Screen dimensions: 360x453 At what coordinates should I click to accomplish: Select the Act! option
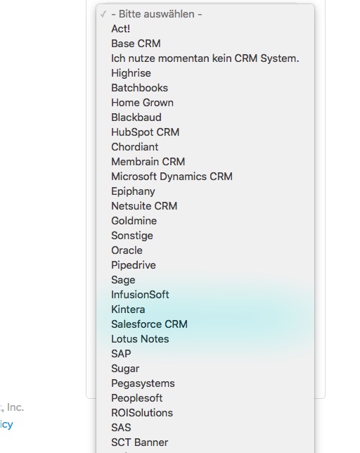[x=121, y=29]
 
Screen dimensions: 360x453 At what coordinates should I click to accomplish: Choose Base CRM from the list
[x=136, y=44]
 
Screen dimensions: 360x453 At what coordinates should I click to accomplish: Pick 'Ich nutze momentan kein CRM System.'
[x=205, y=58]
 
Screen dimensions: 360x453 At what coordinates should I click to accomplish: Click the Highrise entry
[x=131, y=73]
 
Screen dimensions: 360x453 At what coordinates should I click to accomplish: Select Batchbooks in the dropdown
[x=139, y=88]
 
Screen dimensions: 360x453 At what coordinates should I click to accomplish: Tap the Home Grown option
[x=142, y=103]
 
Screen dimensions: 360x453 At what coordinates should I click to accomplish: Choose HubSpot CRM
[x=146, y=132]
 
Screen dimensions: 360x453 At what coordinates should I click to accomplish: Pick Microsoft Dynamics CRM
[x=172, y=177]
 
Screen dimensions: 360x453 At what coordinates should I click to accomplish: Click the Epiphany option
[x=133, y=191]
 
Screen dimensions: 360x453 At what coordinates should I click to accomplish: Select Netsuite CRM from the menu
[x=144, y=206]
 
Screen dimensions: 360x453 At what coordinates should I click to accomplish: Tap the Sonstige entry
[x=132, y=236]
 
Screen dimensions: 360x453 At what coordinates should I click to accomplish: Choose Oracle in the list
[x=127, y=250]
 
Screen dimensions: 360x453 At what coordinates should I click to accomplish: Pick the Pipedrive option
[x=134, y=265]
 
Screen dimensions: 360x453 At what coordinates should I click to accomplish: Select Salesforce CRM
[x=149, y=324]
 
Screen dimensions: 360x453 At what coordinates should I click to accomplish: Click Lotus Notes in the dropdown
[x=140, y=338]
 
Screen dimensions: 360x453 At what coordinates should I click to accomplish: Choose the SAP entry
[x=121, y=353]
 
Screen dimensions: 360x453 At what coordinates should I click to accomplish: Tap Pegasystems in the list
[x=143, y=383]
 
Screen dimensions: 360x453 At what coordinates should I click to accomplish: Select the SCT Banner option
[x=140, y=442]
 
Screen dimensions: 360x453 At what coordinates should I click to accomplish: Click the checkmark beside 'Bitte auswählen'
[x=103, y=14]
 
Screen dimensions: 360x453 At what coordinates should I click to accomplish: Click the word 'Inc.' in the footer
[x=15, y=407]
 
